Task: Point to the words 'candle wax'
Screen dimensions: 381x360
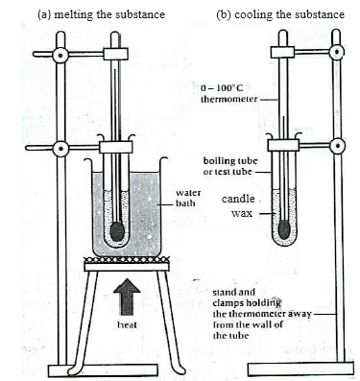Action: pyautogui.click(x=237, y=206)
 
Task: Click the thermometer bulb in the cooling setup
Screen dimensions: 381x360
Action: pyautogui.click(x=283, y=231)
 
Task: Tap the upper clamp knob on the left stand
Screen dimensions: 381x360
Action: pyautogui.click(x=60, y=55)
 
